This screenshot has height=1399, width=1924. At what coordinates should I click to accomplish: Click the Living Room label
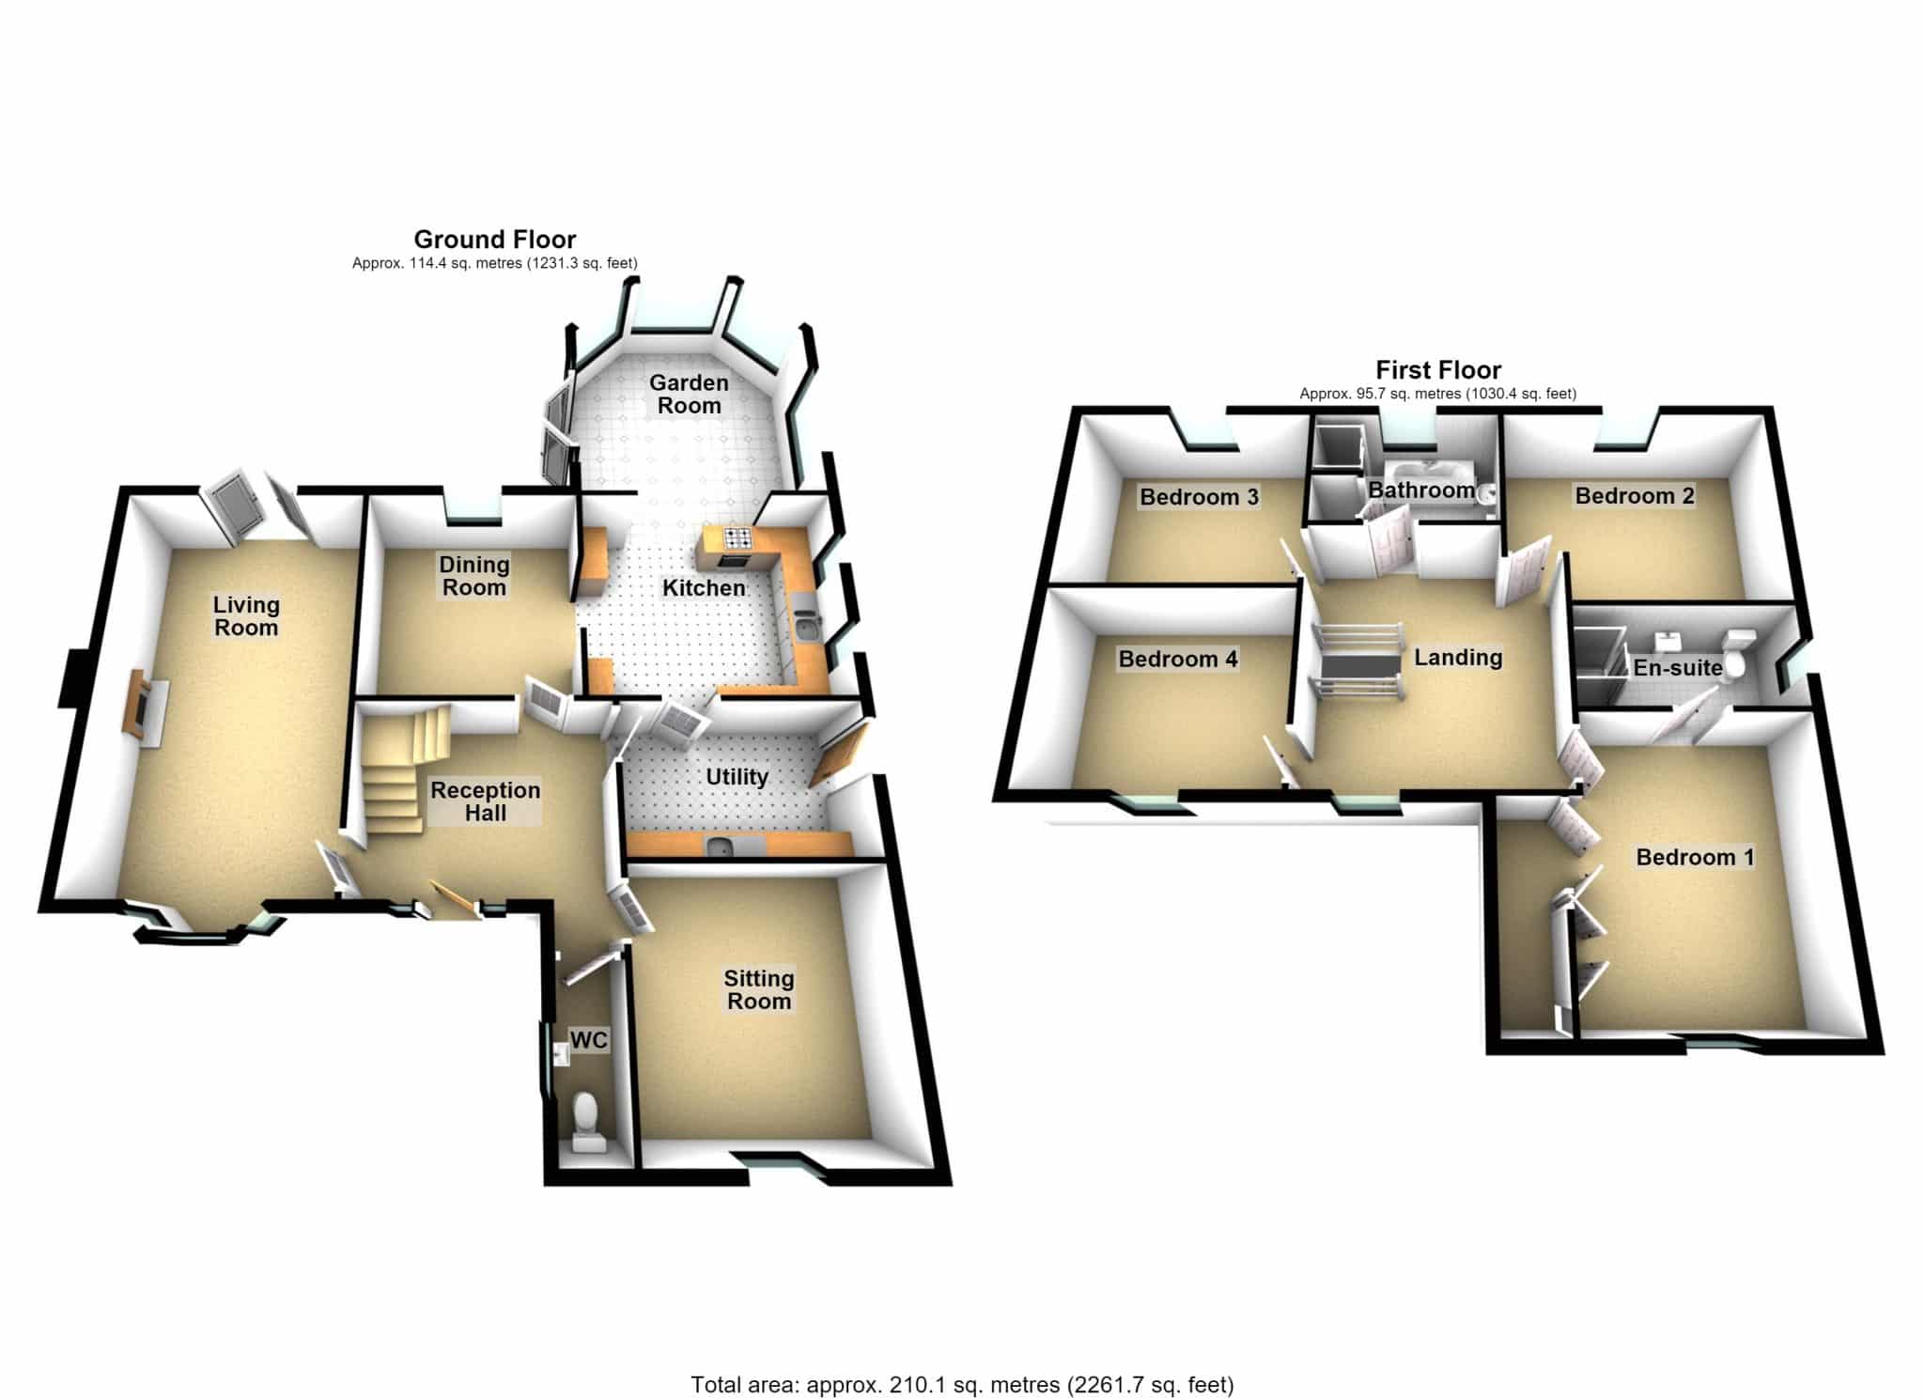(246, 616)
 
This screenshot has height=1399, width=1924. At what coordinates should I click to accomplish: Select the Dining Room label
(474, 576)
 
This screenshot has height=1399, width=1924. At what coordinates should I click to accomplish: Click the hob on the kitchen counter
(737, 538)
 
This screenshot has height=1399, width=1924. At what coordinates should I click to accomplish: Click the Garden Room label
(689, 395)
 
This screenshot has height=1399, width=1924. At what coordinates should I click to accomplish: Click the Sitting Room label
(759, 990)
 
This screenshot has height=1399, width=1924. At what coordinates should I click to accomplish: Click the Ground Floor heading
(495, 240)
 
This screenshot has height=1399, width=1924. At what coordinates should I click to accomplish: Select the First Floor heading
(1438, 370)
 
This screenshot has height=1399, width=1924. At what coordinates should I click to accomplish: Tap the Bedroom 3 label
(1199, 497)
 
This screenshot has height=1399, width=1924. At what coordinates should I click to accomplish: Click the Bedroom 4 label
(1178, 660)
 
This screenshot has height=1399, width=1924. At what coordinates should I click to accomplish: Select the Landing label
(1458, 658)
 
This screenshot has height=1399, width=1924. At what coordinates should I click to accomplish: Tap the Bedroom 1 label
(1695, 858)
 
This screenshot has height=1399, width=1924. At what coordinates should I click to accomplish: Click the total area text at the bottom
(962, 1359)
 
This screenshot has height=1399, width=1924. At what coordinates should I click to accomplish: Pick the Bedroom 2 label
(1635, 496)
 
